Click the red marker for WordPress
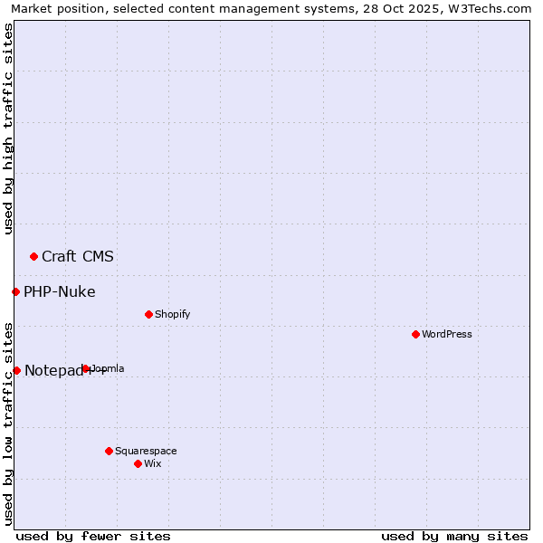click(x=415, y=334)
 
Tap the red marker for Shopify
click(x=148, y=314)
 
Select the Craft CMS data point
click(x=33, y=256)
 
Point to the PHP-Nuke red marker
click(x=15, y=291)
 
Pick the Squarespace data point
click(x=109, y=451)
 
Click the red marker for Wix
click(x=138, y=463)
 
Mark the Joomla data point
click(x=85, y=368)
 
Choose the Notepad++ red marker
click(x=16, y=370)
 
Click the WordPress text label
click(x=447, y=334)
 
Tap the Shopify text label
click(x=172, y=314)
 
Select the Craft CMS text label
click(x=78, y=256)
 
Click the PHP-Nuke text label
click(x=60, y=291)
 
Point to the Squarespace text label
click(x=146, y=451)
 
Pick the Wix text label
click(x=153, y=463)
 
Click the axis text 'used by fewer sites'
click(x=93, y=536)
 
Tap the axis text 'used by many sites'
click(x=454, y=536)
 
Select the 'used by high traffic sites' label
click(x=9, y=129)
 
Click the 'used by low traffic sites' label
click(x=9, y=424)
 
